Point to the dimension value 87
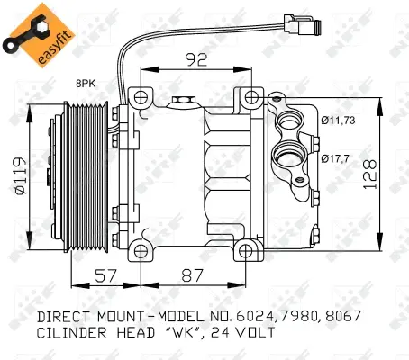point(190,277)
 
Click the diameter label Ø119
point(18,173)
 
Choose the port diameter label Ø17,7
point(335,158)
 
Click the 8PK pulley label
point(86,83)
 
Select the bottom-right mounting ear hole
point(245,249)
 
